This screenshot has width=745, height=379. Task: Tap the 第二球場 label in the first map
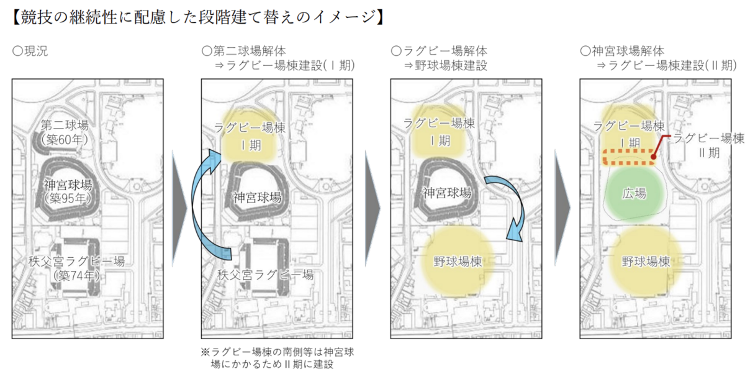coord(65,124)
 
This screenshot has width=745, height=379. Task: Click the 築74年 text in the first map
coord(76,275)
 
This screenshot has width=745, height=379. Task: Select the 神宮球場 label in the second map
coord(257,198)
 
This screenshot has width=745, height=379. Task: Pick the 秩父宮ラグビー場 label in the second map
coord(265,274)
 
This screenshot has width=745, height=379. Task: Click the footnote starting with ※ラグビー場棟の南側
coord(280,358)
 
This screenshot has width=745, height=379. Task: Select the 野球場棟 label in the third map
coord(458,262)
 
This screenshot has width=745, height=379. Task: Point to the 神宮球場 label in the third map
coord(446,192)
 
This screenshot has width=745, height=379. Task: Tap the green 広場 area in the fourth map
coord(634,193)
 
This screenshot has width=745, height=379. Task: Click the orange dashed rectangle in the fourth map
coord(629,158)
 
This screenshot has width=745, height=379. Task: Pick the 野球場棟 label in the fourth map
coord(646,262)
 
